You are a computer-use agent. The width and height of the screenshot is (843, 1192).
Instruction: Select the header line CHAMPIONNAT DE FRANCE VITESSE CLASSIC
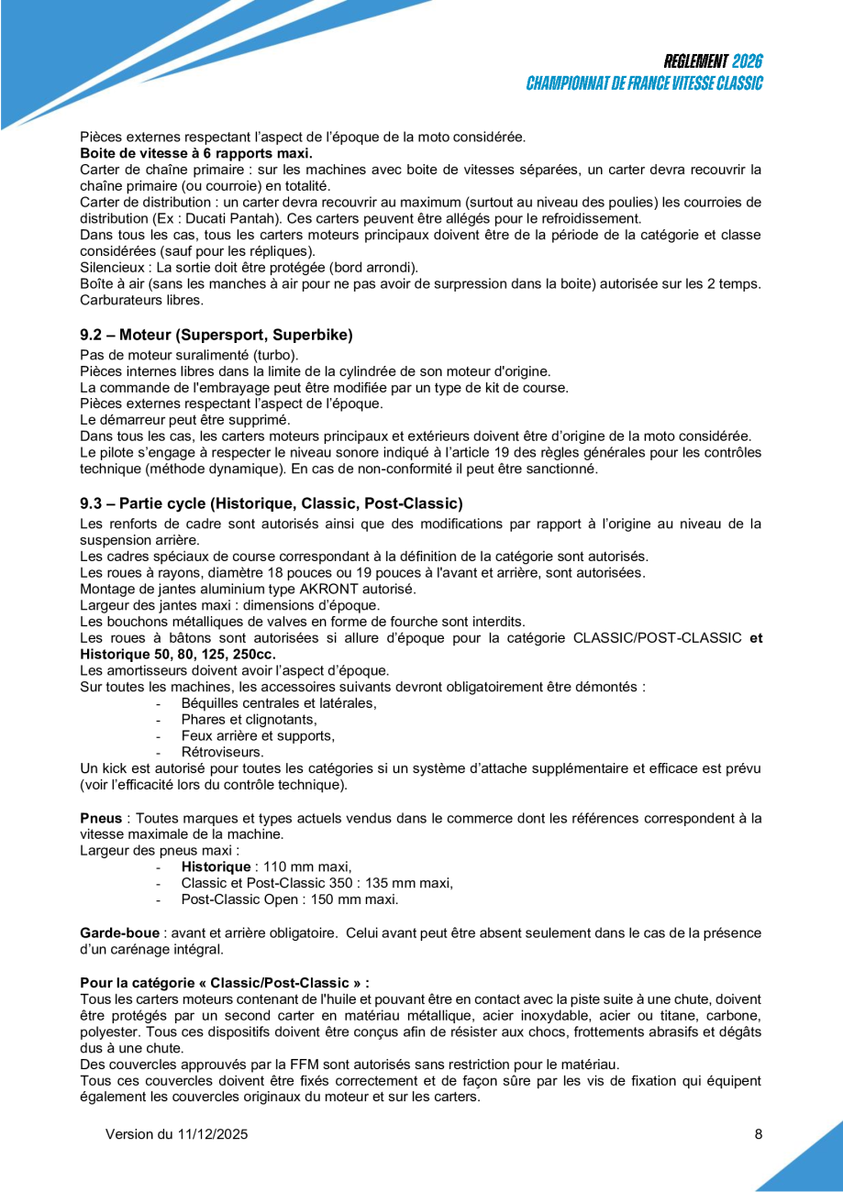[x=644, y=83]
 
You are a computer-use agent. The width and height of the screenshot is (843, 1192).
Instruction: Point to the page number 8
[x=759, y=1134]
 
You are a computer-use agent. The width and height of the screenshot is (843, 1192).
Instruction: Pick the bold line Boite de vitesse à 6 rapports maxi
[x=196, y=153]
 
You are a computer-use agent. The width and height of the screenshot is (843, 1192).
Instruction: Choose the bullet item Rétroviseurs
[x=223, y=751]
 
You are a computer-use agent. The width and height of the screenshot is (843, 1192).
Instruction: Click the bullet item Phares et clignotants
[x=249, y=719]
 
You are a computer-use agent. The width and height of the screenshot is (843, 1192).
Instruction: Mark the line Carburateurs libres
[x=141, y=301]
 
